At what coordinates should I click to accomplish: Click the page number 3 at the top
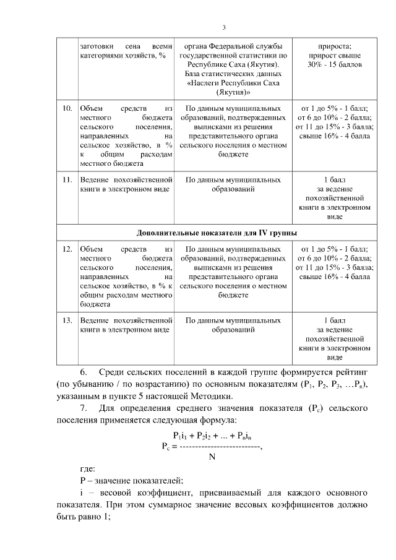pyautogui.click(x=224, y=27)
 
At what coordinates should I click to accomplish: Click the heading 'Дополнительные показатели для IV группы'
pyautogui.click(x=217, y=233)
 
